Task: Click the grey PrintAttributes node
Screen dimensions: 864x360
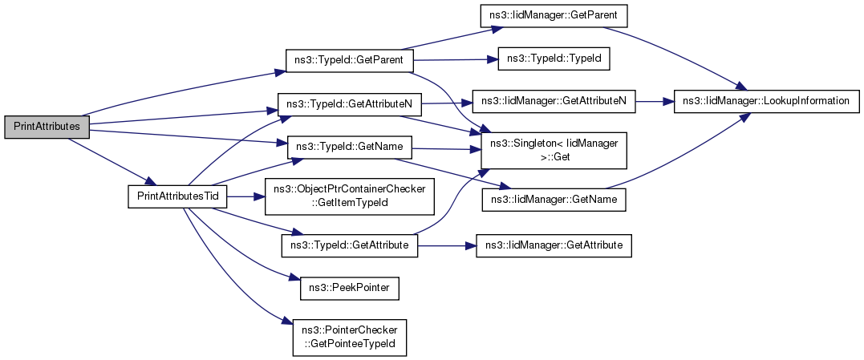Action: click(47, 127)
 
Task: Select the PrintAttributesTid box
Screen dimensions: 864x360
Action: click(177, 197)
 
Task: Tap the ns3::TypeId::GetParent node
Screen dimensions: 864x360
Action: click(349, 60)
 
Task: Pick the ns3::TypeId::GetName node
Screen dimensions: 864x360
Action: click(349, 147)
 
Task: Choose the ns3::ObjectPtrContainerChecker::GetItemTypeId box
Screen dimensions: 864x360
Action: click(349, 196)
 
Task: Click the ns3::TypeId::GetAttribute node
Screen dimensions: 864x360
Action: click(349, 245)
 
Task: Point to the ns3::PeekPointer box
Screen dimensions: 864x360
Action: click(349, 289)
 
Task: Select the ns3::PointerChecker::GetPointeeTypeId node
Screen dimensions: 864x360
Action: click(349, 338)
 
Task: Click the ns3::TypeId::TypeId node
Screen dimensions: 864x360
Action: click(554, 59)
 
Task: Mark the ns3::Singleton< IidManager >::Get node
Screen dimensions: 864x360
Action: click(554, 150)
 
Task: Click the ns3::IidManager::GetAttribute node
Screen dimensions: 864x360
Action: click(554, 245)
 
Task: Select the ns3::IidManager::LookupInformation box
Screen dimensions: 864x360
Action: click(766, 102)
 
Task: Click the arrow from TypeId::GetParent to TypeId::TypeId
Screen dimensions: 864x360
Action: click(456, 59)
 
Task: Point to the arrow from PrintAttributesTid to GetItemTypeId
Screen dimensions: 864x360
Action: click(245, 196)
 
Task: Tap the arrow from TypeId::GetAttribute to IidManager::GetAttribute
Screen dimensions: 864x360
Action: click(447, 245)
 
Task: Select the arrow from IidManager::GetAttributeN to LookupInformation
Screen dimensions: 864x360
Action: click(655, 102)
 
